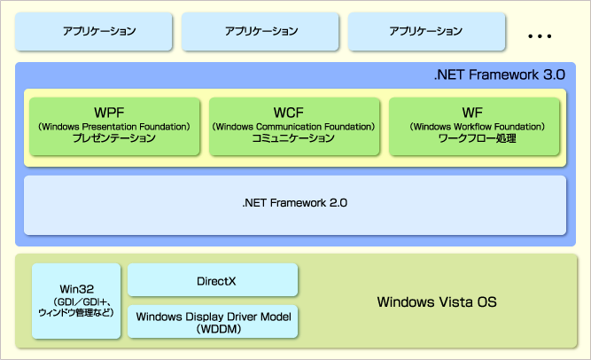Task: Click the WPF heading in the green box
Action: (109, 113)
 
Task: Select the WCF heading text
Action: (289, 113)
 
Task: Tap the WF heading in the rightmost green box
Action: (472, 113)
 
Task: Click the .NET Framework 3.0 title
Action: (500, 74)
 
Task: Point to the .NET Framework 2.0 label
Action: (295, 203)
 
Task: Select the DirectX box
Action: (213, 279)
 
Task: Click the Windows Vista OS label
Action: (437, 301)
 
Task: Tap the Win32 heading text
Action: (76, 289)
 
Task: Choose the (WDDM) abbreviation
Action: (219, 329)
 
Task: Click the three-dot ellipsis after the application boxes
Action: (540, 36)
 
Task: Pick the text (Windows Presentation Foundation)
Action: (113, 127)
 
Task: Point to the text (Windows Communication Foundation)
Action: (293, 127)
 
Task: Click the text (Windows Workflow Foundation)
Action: (478, 127)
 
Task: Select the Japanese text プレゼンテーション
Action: (114, 138)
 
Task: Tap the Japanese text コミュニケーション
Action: (293, 138)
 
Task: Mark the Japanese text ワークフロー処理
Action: (478, 138)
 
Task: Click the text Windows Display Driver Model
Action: (214, 317)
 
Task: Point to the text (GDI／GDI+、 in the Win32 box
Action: (82, 301)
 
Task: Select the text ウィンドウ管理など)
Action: (76, 312)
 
